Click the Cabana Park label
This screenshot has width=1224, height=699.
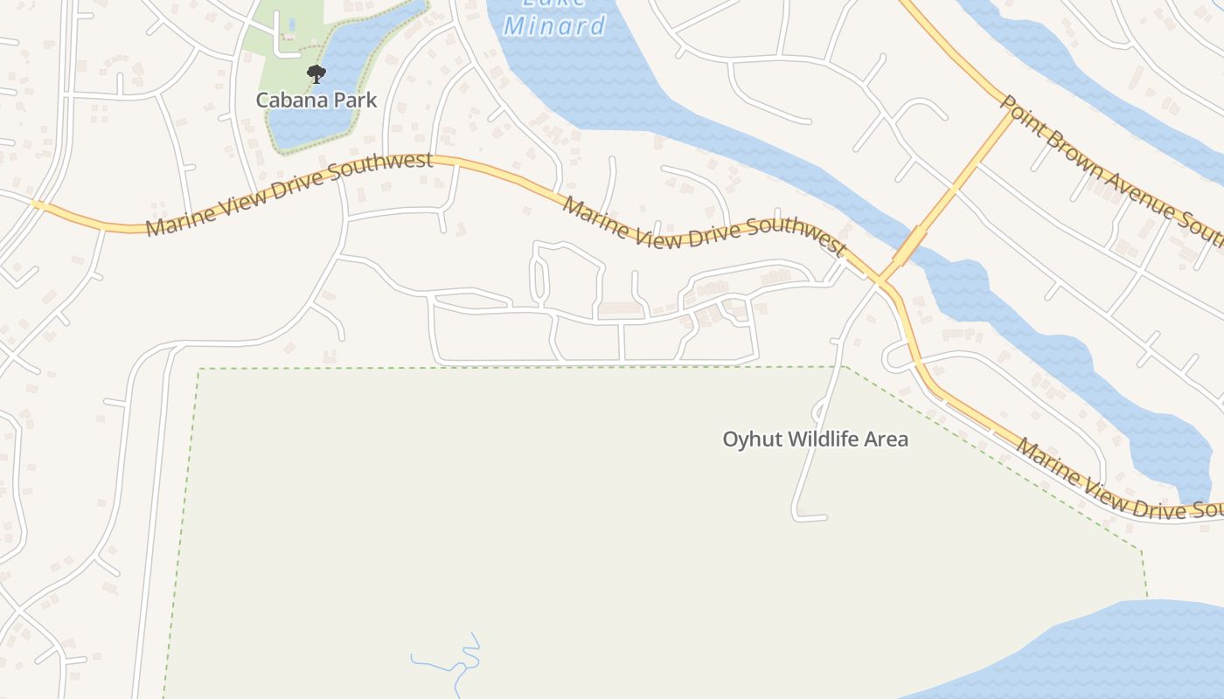(x=316, y=100)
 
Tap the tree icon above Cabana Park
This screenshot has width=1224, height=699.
(x=316, y=74)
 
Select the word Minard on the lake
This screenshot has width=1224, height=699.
(x=554, y=25)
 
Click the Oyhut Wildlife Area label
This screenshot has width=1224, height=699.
(x=815, y=439)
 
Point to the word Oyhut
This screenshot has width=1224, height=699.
(x=752, y=439)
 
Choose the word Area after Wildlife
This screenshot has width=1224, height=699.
(x=887, y=439)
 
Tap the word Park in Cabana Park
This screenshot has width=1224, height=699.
(x=354, y=100)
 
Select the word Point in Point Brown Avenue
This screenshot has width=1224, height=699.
(x=1023, y=118)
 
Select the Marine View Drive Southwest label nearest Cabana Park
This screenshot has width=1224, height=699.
(x=289, y=194)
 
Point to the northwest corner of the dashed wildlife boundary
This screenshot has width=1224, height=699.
(x=200, y=370)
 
